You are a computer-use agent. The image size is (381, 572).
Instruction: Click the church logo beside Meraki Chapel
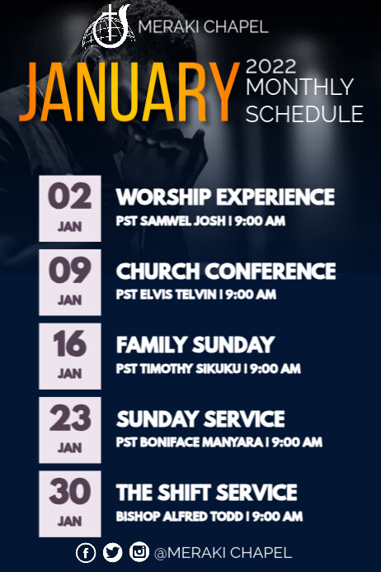[x=109, y=26]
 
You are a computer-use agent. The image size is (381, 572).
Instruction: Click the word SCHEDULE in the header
[x=304, y=114]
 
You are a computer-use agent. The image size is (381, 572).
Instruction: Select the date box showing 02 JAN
[x=70, y=208]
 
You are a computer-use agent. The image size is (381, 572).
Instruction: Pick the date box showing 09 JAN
[x=70, y=282]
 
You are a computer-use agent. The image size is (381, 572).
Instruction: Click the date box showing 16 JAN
[x=70, y=356]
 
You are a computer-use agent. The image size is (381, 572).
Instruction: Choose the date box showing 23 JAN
[x=70, y=429]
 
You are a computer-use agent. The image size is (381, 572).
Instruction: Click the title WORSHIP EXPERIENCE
[x=225, y=197]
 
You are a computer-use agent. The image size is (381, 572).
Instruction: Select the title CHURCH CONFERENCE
[x=226, y=272]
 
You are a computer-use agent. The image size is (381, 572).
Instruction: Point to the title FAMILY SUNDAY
[x=195, y=345]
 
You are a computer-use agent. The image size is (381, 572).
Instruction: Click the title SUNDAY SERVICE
[x=200, y=418]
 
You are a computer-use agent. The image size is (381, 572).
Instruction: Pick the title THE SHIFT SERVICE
[x=206, y=493]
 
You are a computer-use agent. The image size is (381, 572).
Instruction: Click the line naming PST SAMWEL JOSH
[x=201, y=220]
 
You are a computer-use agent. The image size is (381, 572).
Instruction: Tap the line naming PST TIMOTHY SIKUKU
[x=209, y=368]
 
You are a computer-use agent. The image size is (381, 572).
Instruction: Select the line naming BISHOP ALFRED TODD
[x=209, y=517]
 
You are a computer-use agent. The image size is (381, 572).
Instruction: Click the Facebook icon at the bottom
[x=86, y=553]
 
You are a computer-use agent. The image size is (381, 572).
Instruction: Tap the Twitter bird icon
[x=112, y=553]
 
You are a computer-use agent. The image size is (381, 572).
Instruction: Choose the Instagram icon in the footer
[x=139, y=552]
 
